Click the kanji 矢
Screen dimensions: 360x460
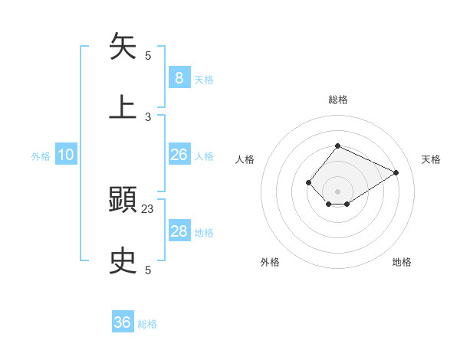tap(123, 47)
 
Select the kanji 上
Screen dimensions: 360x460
tap(123, 106)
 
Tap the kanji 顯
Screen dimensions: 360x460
tap(123, 201)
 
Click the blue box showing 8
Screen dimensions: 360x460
tap(179, 78)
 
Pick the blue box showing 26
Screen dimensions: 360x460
tap(179, 155)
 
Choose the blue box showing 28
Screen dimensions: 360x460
tap(179, 231)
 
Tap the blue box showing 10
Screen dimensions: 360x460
tap(66, 155)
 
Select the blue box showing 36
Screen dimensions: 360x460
tap(123, 322)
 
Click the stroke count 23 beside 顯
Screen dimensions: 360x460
tap(148, 209)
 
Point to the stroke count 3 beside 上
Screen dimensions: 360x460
tap(148, 116)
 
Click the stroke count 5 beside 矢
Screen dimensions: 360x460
tap(148, 56)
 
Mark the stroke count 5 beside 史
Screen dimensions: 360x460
tap(148, 270)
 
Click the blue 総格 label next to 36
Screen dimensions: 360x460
tap(147, 324)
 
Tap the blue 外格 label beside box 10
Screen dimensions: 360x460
tap(41, 156)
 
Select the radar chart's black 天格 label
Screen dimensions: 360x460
tap(431, 159)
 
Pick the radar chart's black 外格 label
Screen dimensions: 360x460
tap(270, 263)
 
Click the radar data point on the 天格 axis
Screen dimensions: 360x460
tap(396, 172)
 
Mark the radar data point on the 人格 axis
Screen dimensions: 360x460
tap(308, 182)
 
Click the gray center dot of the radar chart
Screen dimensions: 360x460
tap(337, 191)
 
